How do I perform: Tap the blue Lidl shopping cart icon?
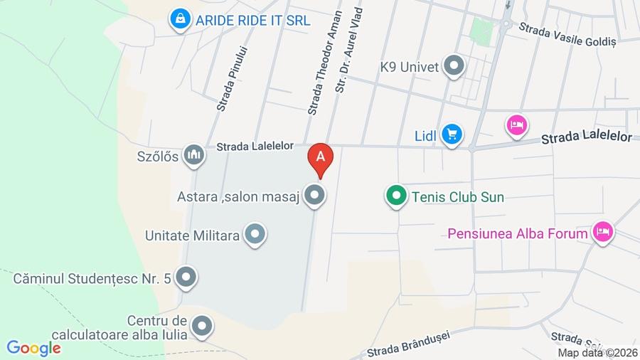click(451, 134)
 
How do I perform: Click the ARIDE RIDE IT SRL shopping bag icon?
click(181, 20)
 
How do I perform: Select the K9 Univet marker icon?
click(453, 67)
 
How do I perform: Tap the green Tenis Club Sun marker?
click(396, 196)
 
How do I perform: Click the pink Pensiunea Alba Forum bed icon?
click(602, 232)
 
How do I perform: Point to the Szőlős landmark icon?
click(193, 156)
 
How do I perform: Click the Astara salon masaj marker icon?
click(314, 196)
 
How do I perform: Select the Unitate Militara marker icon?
click(255, 235)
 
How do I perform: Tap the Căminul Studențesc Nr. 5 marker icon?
click(186, 277)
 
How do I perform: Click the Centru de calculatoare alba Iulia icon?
click(202, 327)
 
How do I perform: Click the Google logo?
click(33, 349)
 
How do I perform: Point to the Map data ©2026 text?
click(597, 353)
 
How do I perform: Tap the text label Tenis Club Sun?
click(458, 197)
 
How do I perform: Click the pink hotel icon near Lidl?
click(517, 125)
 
